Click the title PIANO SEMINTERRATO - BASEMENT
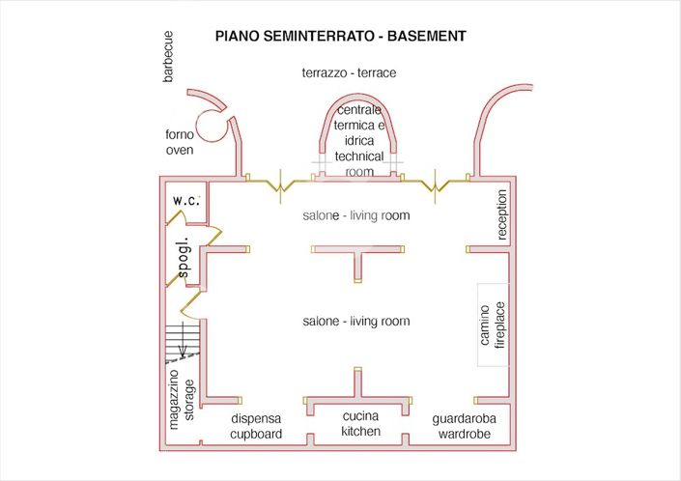341,36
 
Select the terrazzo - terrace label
349,72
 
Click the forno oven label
180,143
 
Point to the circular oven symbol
209,123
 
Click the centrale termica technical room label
359,141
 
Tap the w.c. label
186,200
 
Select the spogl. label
184,256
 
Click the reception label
501,214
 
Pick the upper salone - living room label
356,215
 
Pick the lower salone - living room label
356,321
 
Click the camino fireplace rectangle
492,325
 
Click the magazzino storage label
182,397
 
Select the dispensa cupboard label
256,426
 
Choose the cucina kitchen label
360,423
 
